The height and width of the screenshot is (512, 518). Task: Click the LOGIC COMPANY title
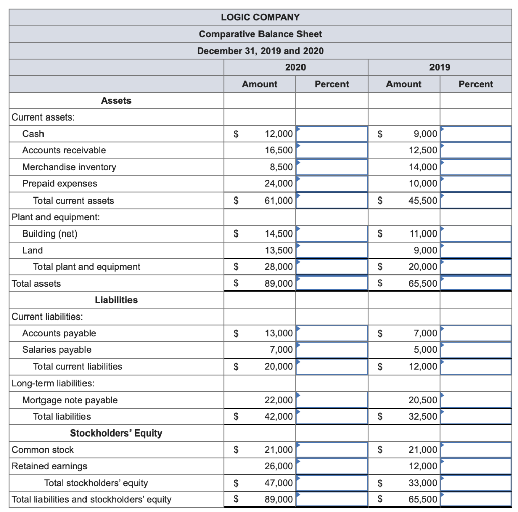[x=260, y=17]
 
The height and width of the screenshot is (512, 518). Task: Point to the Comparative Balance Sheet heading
[x=260, y=34]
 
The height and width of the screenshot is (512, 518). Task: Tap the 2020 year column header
[x=295, y=67]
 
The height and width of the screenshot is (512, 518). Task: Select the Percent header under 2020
[x=331, y=84]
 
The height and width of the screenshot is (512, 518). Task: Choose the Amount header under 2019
[x=403, y=84]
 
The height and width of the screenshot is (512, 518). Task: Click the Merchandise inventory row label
[x=69, y=167]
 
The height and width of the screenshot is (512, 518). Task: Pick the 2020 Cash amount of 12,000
[x=278, y=134]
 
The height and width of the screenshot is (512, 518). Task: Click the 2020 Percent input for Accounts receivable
[x=332, y=150]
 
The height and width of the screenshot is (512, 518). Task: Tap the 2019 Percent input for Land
[x=476, y=250]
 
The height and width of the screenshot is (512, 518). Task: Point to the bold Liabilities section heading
[x=116, y=300]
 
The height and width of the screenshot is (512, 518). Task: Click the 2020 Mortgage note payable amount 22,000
[x=278, y=400]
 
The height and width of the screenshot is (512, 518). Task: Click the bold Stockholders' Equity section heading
[x=116, y=434]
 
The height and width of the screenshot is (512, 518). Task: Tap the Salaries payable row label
[x=57, y=350]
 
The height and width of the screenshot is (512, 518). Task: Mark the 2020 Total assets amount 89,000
[x=278, y=284]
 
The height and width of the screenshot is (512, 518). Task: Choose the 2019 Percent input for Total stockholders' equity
[x=476, y=483]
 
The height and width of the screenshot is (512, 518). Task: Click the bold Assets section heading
[x=116, y=101]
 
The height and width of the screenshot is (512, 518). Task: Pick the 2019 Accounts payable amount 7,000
[x=425, y=333]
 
